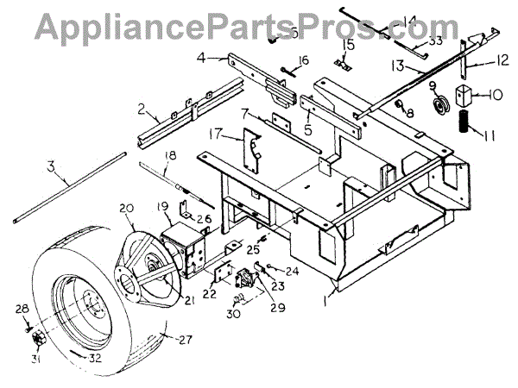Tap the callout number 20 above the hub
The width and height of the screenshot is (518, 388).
(127, 209)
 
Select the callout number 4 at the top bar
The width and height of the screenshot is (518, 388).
(200, 59)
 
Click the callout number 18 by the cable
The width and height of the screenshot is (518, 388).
(169, 154)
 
